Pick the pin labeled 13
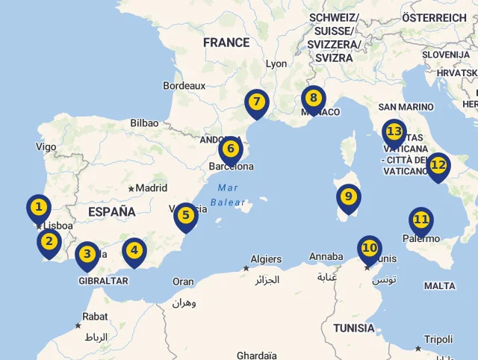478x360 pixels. pos(394,133)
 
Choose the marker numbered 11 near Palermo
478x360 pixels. pos(421,220)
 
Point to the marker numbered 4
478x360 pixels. pos(134,251)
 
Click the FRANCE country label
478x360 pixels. pos(226,43)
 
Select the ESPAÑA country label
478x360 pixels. pos(112,211)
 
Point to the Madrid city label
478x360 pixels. pos(152,188)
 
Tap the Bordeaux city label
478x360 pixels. pos(184,86)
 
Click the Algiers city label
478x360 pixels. pos(266,259)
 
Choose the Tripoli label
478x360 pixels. pos(438,340)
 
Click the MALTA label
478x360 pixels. pos(439,286)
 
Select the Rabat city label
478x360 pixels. pos(95,317)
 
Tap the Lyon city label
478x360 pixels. pos(276,64)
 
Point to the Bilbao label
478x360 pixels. pos(144,122)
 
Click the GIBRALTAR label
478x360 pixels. pos(103,281)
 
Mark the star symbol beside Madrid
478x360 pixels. pos(131,189)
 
